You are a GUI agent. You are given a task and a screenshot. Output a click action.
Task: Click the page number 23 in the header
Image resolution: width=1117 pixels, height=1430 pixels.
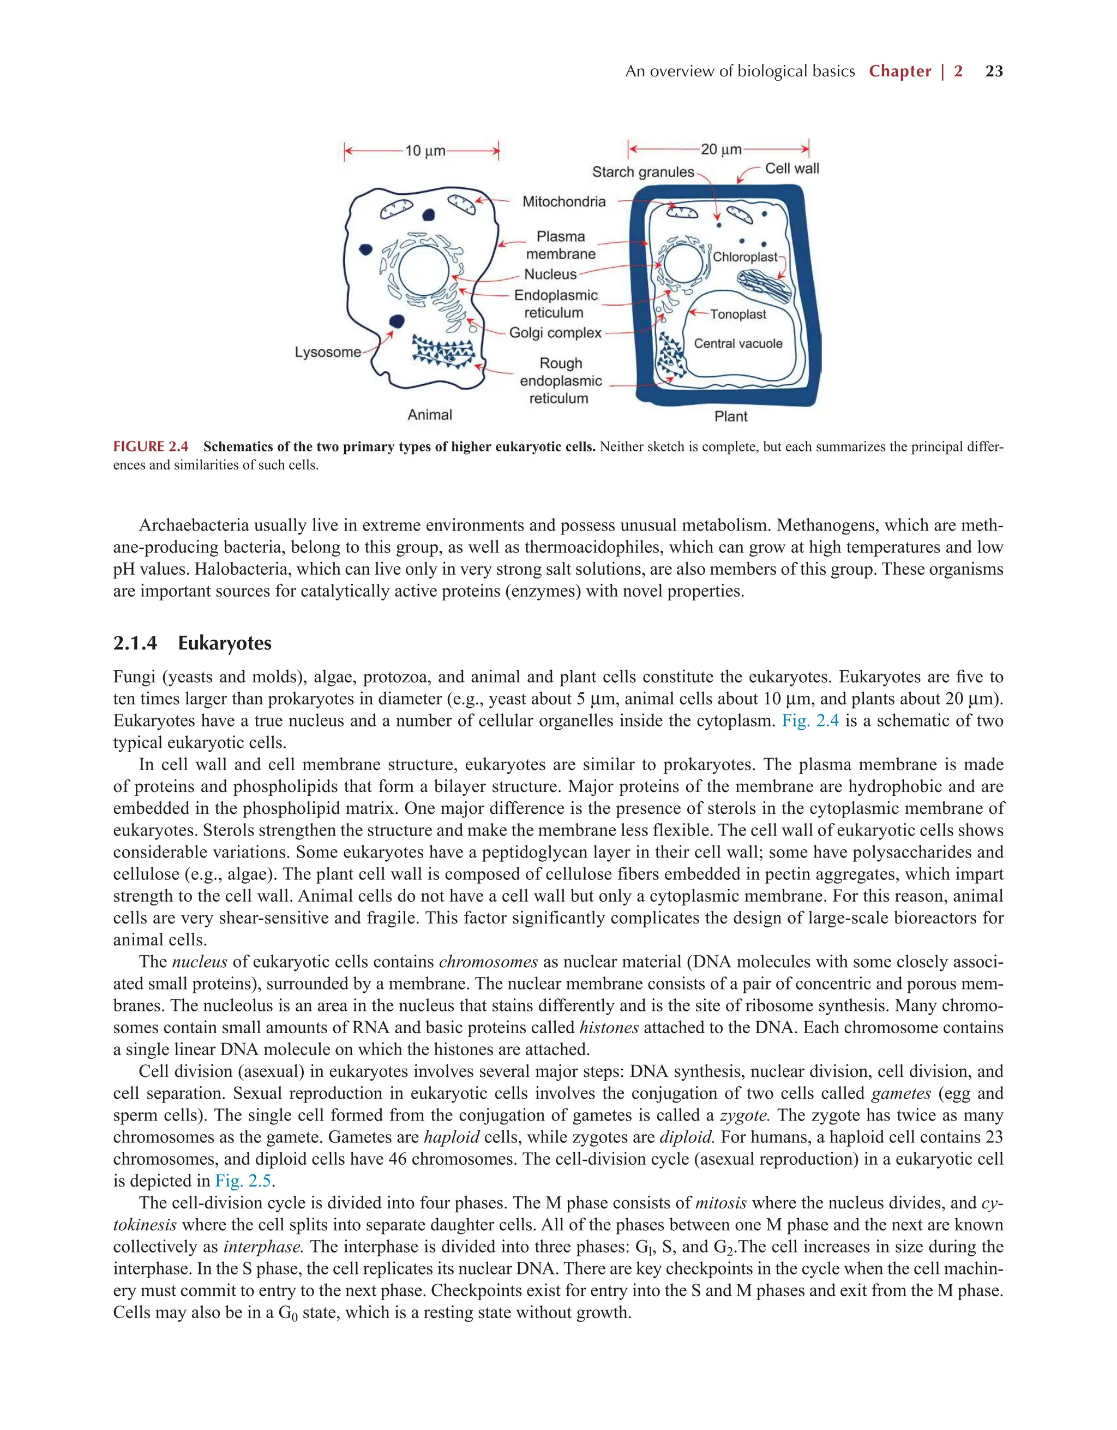coord(993,71)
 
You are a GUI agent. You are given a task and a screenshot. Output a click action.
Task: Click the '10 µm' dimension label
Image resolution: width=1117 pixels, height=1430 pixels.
coord(425,151)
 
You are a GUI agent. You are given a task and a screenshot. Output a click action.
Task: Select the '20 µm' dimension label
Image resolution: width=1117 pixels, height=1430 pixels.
coord(720,150)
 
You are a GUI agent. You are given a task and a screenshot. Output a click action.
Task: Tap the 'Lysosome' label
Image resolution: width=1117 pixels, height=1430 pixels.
coord(327,352)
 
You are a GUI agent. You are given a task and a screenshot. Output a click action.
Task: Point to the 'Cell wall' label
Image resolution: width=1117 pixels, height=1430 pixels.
coord(792,169)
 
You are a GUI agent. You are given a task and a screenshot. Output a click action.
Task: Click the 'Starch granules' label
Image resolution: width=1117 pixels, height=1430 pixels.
coord(642,172)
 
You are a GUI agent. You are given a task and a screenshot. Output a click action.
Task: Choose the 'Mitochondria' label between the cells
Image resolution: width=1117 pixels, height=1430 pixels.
coord(563,201)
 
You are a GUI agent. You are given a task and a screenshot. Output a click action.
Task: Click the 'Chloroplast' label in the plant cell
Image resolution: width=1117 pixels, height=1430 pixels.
coord(744,257)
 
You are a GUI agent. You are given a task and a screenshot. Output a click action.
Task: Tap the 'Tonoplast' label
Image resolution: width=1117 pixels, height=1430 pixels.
coord(737,315)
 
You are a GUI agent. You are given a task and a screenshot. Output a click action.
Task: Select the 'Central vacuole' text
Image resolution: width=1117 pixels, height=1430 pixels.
coord(737,344)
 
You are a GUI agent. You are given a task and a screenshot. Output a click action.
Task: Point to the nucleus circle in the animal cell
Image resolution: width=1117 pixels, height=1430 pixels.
coord(423,271)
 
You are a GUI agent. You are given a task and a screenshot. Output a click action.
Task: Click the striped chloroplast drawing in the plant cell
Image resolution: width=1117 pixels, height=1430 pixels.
coord(764,287)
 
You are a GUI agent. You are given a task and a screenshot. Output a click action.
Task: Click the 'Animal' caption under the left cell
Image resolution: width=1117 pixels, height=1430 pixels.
coord(429,415)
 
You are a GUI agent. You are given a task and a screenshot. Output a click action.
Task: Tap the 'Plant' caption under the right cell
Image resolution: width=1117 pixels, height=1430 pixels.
coord(730,416)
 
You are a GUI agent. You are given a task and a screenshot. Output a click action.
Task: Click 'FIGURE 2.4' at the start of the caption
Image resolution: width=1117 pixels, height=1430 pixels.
coord(151,447)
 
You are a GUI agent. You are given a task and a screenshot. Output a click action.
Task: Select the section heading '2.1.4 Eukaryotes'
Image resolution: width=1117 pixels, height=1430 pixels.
coord(192,643)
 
